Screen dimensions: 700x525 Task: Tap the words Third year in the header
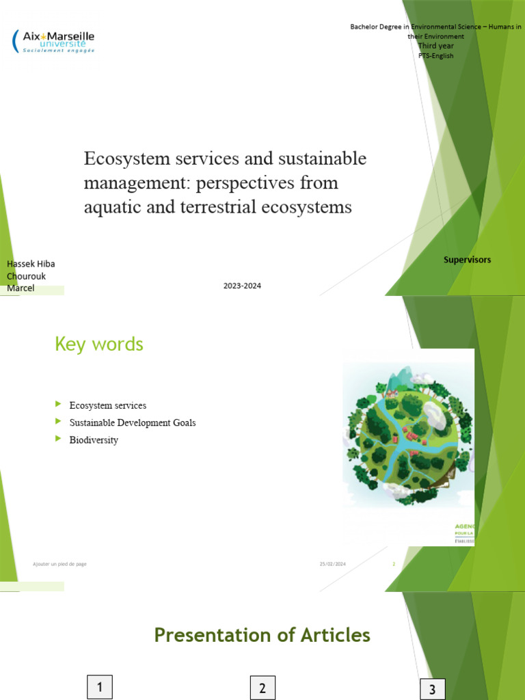point(435,46)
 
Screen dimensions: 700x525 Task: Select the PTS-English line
point(435,55)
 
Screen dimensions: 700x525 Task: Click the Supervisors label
point(467,260)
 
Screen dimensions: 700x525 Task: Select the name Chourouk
point(26,276)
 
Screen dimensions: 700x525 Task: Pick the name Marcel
point(21,288)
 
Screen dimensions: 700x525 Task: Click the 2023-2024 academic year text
point(242,286)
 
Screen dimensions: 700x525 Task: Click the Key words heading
point(99,344)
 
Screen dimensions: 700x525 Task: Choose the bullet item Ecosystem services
point(108,405)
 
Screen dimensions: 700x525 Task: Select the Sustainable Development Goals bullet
point(133,422)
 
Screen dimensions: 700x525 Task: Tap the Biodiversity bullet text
point(94,440)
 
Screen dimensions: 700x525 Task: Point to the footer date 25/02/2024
point(332,564)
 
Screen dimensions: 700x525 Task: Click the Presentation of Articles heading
point(262,635)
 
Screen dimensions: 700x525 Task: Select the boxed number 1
point(100,687)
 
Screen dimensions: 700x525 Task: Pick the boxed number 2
point(262,688)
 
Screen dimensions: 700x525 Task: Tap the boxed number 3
point(432,689)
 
